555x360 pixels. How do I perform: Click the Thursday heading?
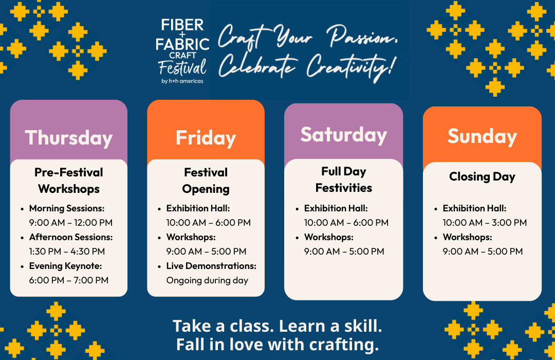tap(69, 138)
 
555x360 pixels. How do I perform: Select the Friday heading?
tap(206, 138)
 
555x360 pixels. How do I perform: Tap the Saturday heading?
tap(344, 135)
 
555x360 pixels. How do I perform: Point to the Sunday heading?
tap(482, 136)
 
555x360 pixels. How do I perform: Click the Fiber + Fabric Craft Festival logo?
tap(182, 51)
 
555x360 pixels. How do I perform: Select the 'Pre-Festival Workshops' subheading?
tap(69, 181)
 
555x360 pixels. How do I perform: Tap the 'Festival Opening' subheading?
tap(206, 181)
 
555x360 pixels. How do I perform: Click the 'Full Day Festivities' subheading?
tap(344, 179)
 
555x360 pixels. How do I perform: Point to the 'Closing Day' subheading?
tap(482, 176)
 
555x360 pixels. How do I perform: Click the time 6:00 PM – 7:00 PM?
tap(69, 280)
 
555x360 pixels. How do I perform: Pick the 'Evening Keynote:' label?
tap(65, 266)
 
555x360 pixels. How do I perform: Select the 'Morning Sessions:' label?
tap(67, 208)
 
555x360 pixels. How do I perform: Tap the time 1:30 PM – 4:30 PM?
tap(67, 251)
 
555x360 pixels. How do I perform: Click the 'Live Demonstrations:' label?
tap(211, 266)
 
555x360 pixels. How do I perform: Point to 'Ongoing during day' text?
tap(207, 281)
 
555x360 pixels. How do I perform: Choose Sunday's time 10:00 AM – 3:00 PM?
tap(485, 223)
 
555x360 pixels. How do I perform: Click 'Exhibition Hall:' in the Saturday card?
tap(336, 208)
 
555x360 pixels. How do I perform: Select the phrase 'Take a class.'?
tap(224, 326)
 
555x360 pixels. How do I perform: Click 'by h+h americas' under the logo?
tap(182, 81)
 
